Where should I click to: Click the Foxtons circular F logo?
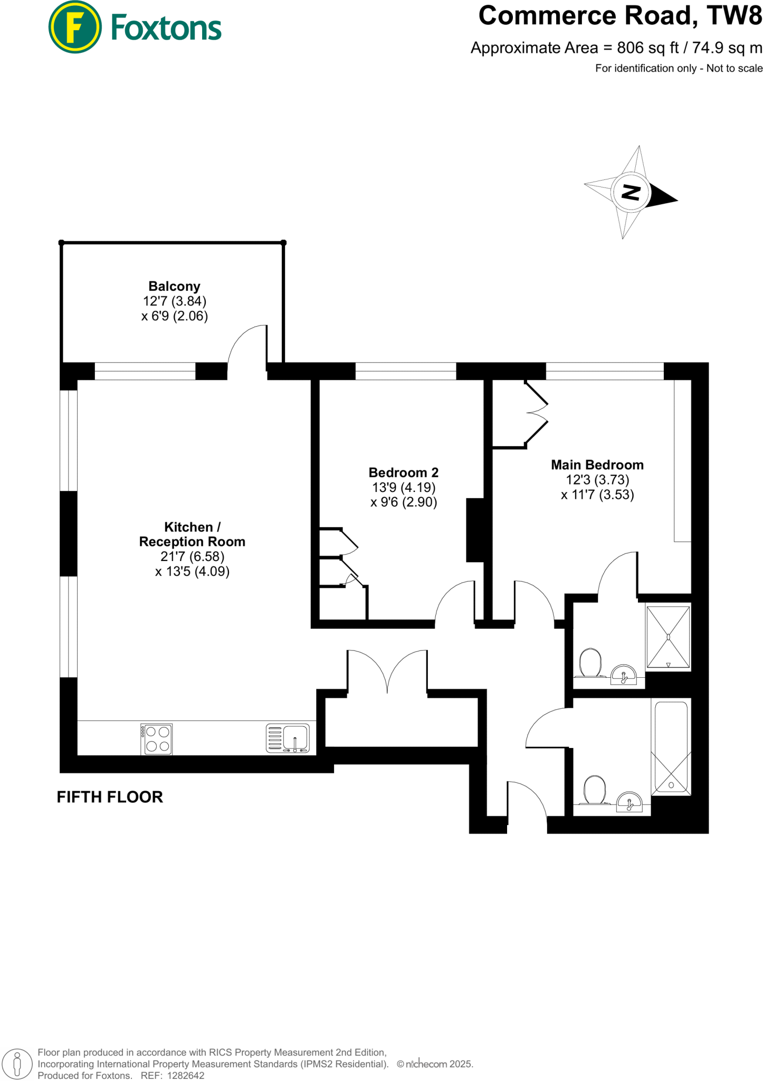point(74,27)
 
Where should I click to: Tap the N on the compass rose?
point(631,192)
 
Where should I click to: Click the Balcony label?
point(174,287)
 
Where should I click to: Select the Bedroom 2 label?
point(403,472)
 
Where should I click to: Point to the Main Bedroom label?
point(597,465)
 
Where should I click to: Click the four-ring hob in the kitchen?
point(157,739)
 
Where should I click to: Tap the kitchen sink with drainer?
point(288,738)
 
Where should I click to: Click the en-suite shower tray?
point(668,637)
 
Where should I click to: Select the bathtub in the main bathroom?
point(671,746)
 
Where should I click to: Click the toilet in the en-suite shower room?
point(590,663)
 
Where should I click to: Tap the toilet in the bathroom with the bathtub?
point(595,790)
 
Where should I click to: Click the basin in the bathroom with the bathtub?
point(630,802)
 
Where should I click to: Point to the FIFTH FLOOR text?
point(110,797)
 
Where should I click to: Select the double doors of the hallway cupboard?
point(387,670)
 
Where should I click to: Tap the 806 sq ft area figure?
point(647,48)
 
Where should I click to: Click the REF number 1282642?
point(185,1075)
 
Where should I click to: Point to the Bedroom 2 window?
point(405,371)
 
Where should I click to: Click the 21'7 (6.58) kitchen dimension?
point(192,556)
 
